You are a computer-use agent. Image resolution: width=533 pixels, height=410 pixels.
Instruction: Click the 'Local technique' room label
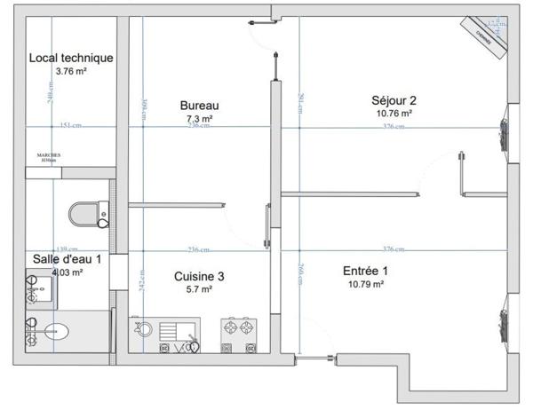coord(71,58)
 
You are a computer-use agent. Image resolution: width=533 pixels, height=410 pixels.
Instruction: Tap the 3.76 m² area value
coord(71,71)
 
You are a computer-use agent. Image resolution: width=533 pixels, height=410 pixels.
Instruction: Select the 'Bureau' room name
coord(199,105)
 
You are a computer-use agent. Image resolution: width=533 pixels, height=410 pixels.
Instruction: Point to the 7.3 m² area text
coord(199,117)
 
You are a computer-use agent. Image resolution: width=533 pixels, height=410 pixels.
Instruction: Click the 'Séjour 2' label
coord(394,100)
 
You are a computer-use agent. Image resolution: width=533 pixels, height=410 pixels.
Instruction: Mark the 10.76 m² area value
coord(394,114)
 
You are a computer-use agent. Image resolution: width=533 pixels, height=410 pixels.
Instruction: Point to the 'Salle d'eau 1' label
coord(67,259)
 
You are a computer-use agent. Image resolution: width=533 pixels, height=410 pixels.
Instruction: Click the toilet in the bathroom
coord(87,212)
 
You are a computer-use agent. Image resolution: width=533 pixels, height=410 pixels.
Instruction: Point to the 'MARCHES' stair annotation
coord(49,156)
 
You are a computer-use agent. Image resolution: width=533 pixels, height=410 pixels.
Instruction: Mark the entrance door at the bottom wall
coord(315,359)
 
